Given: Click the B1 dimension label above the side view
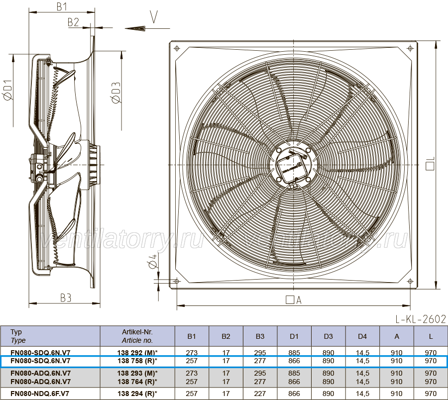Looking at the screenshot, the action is pos(62,6).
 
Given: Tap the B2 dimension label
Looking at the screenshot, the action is pos(73,22).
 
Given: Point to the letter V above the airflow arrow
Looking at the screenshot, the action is pos(154,17).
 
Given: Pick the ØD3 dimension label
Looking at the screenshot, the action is pos(116,93).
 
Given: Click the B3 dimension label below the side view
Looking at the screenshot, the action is pos(65,298).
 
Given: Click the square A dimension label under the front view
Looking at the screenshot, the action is pos(294,300).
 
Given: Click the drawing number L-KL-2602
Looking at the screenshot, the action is pos(421,319).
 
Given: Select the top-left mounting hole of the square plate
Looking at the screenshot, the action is pos(177,49).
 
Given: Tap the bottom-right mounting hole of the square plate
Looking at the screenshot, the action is pos(410,282).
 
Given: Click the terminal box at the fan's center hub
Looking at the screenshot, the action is pos(292,166).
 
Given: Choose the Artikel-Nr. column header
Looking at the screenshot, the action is pos(137,336).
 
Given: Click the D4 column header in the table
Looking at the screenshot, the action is pos(362,336).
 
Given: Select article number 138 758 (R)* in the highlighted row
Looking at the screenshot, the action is pos(137,361).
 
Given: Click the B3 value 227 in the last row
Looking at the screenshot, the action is pos(260,394).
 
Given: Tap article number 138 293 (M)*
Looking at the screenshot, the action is pos(137,373).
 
